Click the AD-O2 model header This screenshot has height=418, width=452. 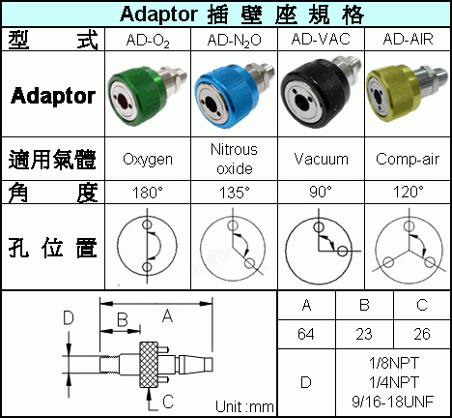pos(148,41)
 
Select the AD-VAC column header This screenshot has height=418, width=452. pos(321,39)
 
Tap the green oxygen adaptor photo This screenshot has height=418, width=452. pos(147,94)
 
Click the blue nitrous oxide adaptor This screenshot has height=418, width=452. pos(234,95)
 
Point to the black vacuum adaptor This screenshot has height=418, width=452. pos(321,92)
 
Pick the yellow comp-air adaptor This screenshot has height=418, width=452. pos(407,92)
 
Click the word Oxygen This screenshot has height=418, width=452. pos(148,160)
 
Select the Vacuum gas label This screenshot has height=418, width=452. pos(321,159)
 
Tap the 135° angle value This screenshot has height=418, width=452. pos(235,193)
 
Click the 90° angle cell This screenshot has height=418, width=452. pos(321,192)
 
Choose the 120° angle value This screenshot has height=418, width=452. pos(409,193)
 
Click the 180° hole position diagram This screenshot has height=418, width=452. pos(147,246)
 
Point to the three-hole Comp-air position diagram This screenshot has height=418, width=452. pos(409,247)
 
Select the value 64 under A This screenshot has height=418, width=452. pos(306,334)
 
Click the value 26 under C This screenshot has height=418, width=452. pos(422,334)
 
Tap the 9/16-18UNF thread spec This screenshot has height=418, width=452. pos(393,402)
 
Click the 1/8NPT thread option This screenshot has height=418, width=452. pos(394,364)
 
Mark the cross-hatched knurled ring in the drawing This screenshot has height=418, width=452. pos(149,365)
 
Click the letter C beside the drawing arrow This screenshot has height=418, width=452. pos(168,402)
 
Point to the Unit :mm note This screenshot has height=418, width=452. pos(244,407)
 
